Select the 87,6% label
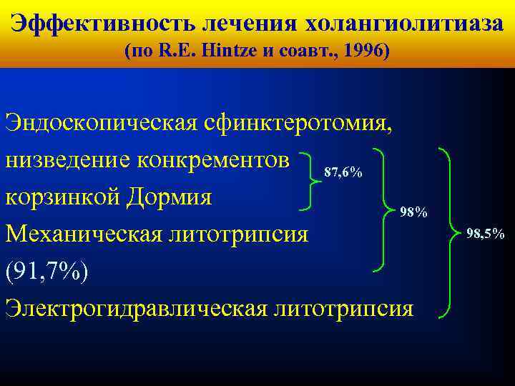pyautogui.click(x=343, y=173)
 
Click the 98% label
pyautogui.click(x=413, y=212)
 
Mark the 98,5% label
pyautogui.click(x=485, y=233)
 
